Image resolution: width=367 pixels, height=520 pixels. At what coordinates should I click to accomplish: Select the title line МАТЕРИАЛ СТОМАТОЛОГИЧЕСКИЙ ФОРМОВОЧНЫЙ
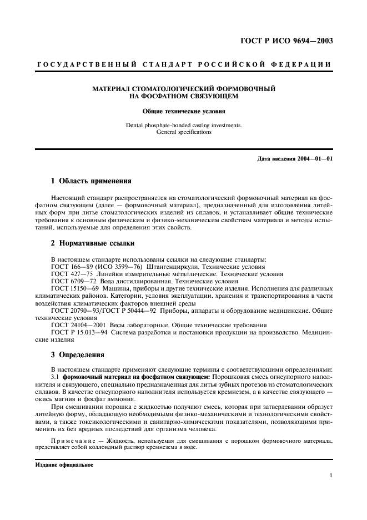click(x=184, y=89)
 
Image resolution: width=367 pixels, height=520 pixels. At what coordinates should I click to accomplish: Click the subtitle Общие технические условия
click(x=184, y=111)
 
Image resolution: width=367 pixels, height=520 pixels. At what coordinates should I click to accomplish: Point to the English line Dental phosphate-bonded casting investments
click(x=184, y=126)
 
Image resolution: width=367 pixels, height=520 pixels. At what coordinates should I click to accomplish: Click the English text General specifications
click(x=184, y=132)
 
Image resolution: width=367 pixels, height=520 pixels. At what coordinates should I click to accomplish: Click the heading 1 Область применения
click(x=91, y=181)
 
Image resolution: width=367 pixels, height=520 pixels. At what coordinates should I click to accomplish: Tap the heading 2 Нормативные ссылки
click(x=92, y=243)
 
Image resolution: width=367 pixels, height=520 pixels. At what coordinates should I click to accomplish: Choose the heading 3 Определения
click(x=78, y=354)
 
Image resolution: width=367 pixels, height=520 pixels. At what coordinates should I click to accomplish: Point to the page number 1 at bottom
click(x=331, y=476)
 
